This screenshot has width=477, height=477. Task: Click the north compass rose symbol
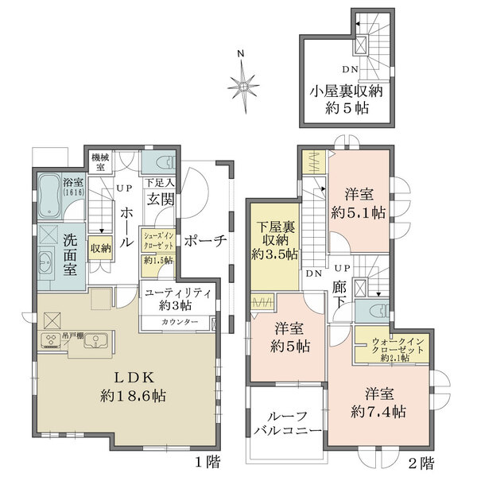click(242, 82)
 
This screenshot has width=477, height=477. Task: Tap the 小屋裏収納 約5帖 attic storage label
click(347, 98)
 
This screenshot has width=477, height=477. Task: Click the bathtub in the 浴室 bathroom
click(50, 198)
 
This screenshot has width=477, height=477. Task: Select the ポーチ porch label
click(206, 241)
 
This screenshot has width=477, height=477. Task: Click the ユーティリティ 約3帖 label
click(178, 299)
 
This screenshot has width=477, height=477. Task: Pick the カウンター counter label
click(175, 322)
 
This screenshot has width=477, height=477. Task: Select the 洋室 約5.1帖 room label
click(359, 204)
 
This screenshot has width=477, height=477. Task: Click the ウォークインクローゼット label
click(390, 348)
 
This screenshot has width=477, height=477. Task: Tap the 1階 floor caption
click(209, 460)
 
